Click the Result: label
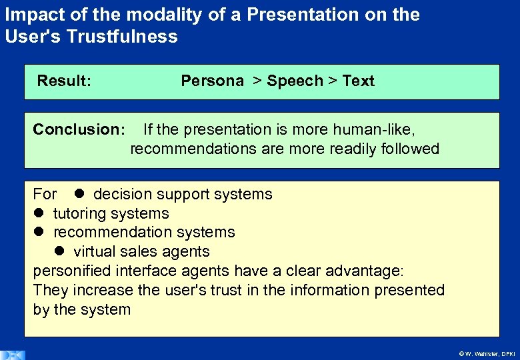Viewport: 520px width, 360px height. (64, 81)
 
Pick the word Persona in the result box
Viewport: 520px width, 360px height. (212, 81)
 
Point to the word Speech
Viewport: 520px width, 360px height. (295, 81)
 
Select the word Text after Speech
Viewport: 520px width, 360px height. (358, 81)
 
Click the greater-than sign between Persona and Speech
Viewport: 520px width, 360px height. (257, 81)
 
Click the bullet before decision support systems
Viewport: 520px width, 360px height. (78, 194)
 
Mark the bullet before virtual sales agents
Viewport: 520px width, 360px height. (59, 251)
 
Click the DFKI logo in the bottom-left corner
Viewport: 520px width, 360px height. (13, 355)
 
